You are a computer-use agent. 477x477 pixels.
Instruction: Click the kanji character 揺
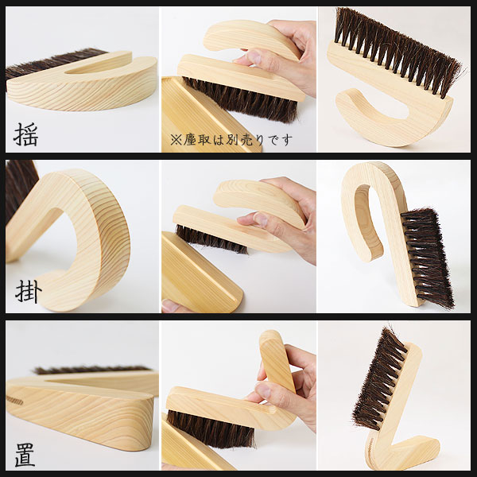click(x=25, y=134)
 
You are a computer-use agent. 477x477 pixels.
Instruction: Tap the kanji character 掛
click(x=29, y=292)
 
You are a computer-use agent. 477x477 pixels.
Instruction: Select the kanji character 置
click(x=25, y=455)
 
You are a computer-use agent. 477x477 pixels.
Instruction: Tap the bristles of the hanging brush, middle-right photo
click(x=429, y=257)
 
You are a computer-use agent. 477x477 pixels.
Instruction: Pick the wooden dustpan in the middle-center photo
click(x=200, y=272)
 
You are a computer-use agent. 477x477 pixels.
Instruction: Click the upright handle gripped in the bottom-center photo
click(x=276, y=360)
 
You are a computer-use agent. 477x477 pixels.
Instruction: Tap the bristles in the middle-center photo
click(x=211, y=239)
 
